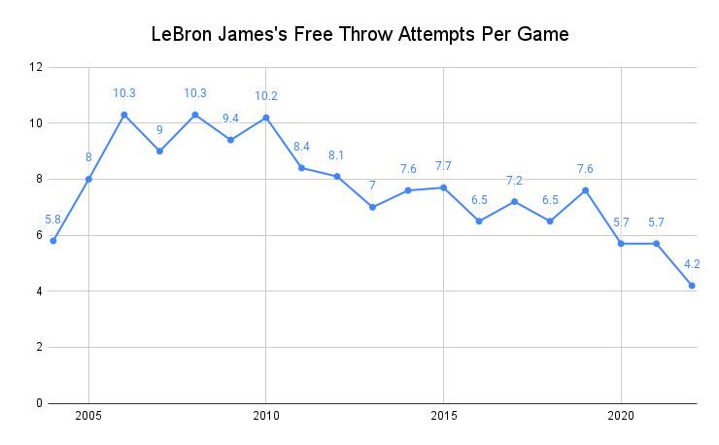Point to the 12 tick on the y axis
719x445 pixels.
click(x=38, y=67)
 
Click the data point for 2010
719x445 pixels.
click(x=266, y=118)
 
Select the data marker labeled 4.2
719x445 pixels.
click(x=692, y=286)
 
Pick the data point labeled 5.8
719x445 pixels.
click(x=53, y=241)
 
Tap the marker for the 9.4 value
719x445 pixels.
click(x=230, y=140)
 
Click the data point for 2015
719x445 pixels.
click(x=443, y=188)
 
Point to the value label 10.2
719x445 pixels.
click(x=266, y=96)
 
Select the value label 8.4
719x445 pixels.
click(x=301, y=147)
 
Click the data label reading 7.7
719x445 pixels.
click(x=443, y=166)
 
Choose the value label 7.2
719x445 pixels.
click(x=514, y=180)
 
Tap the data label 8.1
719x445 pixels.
click(x=337, y=154)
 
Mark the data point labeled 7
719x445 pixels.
click(x=372, y=207)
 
